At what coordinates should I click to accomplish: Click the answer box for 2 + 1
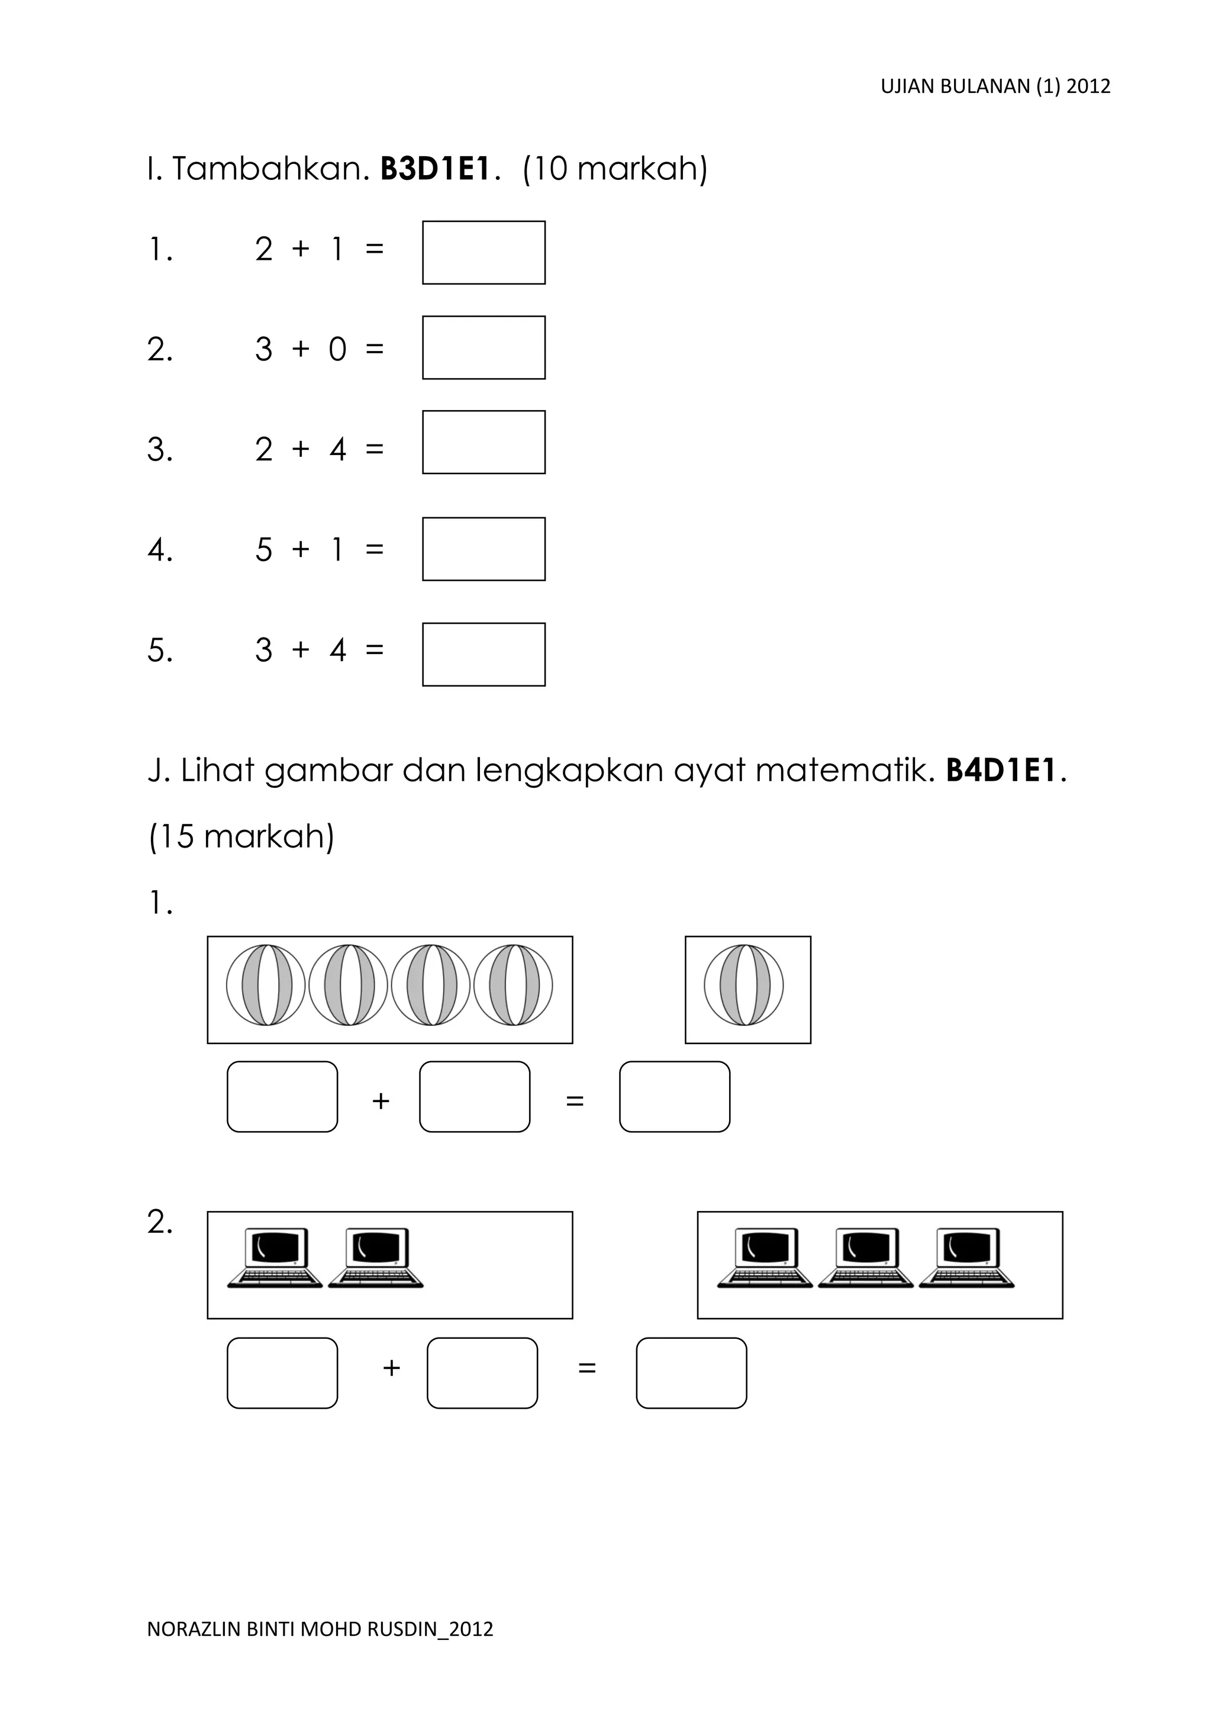[483, 252]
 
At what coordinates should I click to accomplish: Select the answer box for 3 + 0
[483, 347]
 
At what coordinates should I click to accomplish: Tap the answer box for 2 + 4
[483, 442]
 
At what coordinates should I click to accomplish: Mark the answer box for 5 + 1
[483, 549]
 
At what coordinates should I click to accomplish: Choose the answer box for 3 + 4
[483, 654]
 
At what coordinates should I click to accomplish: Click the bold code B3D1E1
[435, 169]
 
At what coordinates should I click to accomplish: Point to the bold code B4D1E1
[1001, 771]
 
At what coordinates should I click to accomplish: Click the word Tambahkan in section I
[271, 169]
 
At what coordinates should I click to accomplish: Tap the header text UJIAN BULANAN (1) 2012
[995, 86]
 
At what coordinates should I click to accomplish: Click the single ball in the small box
[744, 985]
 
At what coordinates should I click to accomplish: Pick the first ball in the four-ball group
[266, 985]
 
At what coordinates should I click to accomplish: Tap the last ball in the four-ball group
[512, 985]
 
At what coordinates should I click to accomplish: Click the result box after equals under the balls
[675, 1097]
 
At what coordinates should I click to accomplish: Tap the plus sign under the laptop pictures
[392, 1368]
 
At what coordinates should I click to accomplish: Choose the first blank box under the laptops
[282, 1373]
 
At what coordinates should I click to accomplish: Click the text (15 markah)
[241, 836]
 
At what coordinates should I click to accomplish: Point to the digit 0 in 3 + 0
[337, 349]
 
